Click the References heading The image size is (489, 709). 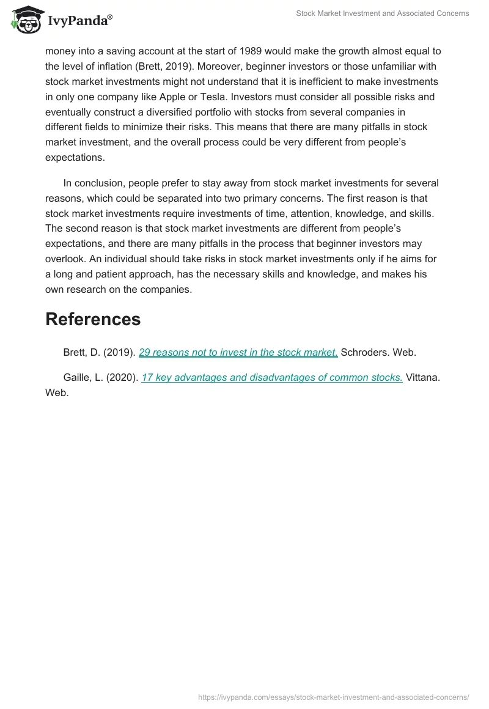93,319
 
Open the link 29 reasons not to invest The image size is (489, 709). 238,352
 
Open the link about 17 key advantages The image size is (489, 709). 271,377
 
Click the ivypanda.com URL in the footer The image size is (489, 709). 334,697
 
